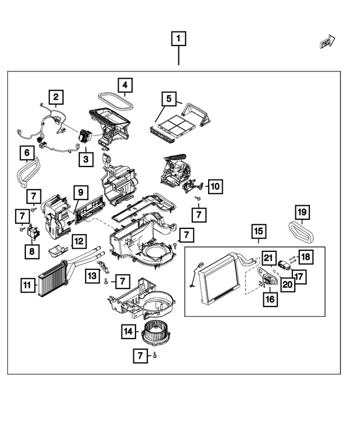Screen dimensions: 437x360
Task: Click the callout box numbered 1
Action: pos(179,39)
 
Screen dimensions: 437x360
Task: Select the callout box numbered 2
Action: pos(56,98)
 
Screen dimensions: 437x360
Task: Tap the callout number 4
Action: pos(125,85)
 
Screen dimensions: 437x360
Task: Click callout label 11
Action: pos(26,286)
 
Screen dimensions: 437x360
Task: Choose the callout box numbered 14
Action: pos(129,332)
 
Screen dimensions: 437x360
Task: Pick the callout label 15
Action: pos(258,231)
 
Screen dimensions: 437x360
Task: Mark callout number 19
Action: pos(303,212)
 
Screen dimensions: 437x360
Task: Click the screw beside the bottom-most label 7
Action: pos(154,355)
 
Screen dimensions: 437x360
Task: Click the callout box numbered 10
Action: pos(215,185)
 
